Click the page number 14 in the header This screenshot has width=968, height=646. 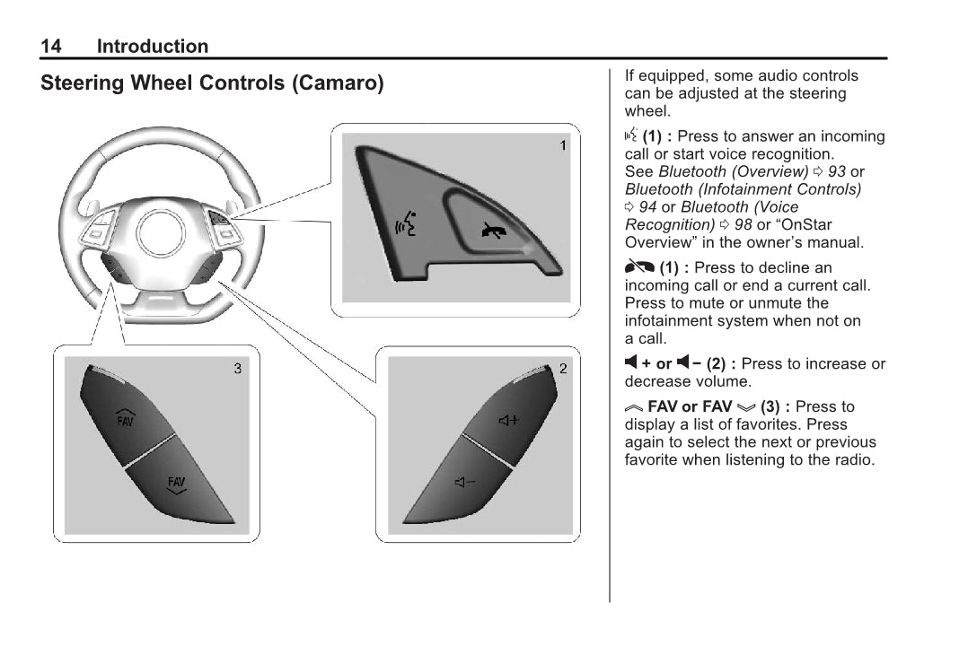[51, 47]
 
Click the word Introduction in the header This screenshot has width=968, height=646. [152, 47]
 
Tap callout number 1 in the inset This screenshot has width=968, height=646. [563, 144]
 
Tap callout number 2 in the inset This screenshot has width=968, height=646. [563, 368]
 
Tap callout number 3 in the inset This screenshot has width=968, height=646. [237, 368]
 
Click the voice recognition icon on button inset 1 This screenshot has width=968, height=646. [406, 226]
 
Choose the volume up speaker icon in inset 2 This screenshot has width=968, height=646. [508, 419]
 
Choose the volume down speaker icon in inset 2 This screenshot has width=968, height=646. [465, 483]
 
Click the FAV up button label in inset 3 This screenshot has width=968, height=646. [125, 417]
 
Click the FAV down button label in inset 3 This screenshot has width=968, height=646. [177, 484]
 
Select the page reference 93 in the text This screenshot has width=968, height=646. [837, 171]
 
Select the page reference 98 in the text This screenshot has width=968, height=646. [744, 224]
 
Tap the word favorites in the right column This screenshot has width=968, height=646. [775, 424]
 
